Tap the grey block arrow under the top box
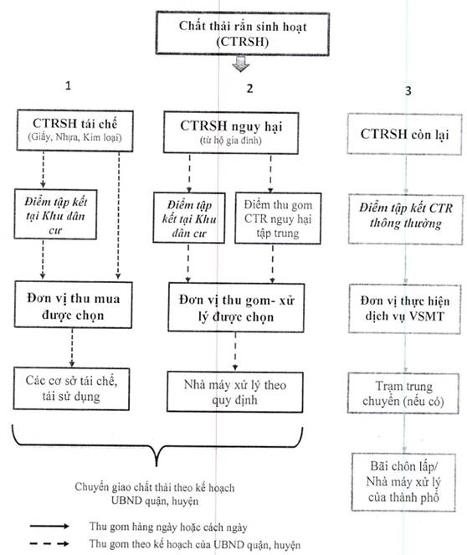pos(241,64)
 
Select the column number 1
pos(68,85)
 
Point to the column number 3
pos(408,90)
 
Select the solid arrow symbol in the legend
pos(49,527)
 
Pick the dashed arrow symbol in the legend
pos(49,543)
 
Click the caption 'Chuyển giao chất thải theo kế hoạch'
pos(155,487)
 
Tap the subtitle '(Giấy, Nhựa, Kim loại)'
pos(74,137)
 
